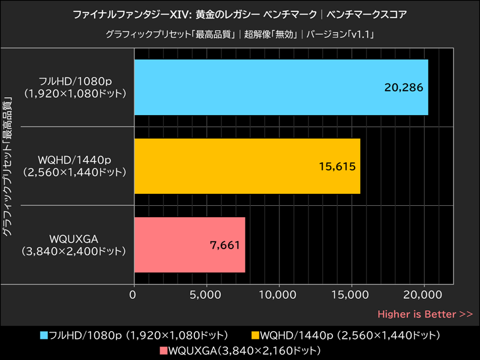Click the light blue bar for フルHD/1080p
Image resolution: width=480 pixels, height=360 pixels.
point(281,87)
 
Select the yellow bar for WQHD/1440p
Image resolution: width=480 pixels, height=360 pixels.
point(247,166)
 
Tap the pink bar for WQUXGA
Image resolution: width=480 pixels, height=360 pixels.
point(190,245)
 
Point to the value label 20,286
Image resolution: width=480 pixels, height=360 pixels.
point(404,87)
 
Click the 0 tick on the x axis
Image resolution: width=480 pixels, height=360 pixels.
point(134,295)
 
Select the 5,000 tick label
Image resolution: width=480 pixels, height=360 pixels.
point(206,295)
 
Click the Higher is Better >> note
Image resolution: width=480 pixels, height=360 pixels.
point(425,314)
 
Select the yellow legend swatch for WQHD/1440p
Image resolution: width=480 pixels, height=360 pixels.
point(255,335)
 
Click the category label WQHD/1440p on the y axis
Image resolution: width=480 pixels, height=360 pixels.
point(73,160)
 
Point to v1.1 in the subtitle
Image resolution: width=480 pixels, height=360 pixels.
point(361,34)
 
